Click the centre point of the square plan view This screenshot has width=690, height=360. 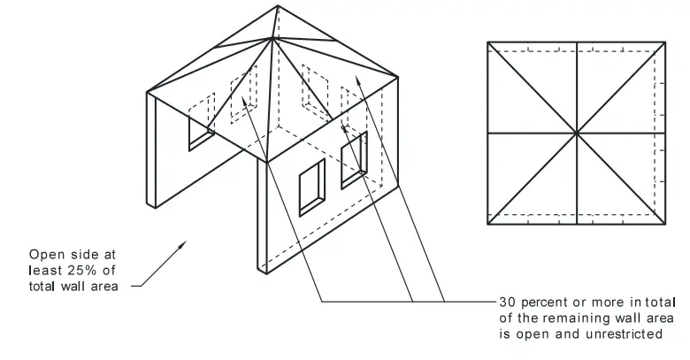tap(577, 133)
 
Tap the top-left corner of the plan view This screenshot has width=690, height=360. tap(487, 41)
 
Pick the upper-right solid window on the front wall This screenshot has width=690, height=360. tap(353, 159)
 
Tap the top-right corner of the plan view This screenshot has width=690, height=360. tap(666, 41)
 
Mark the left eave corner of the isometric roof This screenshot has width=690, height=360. tap(148, 91)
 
